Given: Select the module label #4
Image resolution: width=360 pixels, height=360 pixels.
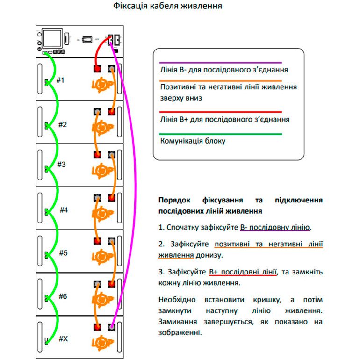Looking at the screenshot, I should click(64, 210).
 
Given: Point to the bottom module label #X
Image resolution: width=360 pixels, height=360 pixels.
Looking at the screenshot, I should click(63, 338).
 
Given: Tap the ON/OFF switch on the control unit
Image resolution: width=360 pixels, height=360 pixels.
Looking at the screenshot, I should click(86, 40).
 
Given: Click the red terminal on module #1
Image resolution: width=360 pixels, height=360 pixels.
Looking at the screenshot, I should click(97, 69).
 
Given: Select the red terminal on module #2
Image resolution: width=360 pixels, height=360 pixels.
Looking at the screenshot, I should click(112, 112).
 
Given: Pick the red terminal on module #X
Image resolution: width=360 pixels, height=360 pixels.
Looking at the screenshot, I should click(97, 326).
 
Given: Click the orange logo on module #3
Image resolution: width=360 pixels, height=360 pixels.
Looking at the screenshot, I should click(101, 171).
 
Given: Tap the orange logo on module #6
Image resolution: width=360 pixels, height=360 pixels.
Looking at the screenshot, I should click(101, 299).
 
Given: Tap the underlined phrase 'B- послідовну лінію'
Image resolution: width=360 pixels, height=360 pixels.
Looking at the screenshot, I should click(275, 228).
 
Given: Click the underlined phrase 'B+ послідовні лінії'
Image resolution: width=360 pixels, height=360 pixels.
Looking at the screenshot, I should click(243, 272).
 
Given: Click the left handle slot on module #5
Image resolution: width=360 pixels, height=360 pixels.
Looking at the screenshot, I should click(41, 252).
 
